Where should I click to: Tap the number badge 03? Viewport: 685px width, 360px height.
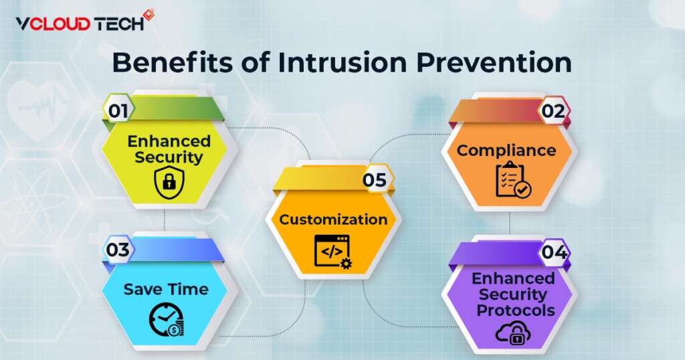[118, 250]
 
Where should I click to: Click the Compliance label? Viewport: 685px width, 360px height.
[506, 151]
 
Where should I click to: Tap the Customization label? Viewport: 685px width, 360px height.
[333, 219]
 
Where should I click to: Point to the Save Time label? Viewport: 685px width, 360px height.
[165, 289]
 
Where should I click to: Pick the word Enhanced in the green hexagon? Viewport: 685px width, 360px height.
[169, 141]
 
